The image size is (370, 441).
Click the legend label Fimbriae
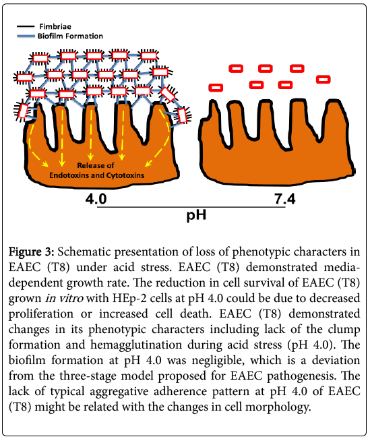click(55, 26)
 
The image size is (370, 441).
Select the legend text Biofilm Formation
click(70, 36)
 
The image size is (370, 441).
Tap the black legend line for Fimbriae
click(26, 27)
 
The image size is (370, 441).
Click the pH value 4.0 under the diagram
click(96, 199)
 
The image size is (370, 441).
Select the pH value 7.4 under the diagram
click(285, 199)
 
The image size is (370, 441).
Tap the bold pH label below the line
click(196, 215)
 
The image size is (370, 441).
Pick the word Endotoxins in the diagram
click(69, 175)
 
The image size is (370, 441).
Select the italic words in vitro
click(65, 298)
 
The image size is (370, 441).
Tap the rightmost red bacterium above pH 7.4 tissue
click(323, 80)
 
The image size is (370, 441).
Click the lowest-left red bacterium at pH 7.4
click(216, 88)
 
